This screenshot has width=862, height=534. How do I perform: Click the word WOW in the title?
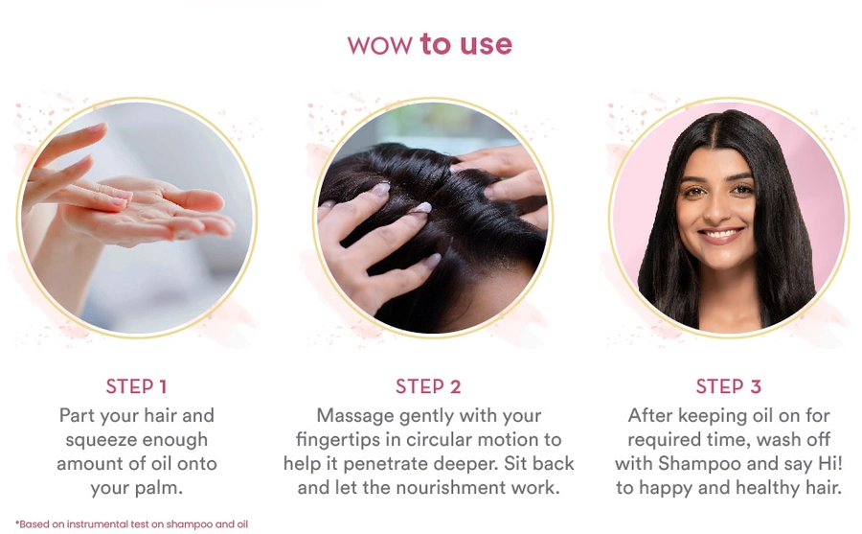click(x=379, y=45)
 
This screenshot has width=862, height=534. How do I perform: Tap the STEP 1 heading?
click(x=136, y=386)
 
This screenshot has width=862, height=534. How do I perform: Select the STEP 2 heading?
click(x=428, y=386)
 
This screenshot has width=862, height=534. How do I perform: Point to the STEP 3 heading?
click(x=729, y=386)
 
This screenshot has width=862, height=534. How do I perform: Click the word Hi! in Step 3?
click(x=830, y=463)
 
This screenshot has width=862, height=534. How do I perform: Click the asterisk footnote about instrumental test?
click(x=131, y=524)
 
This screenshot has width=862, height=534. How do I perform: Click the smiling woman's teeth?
click(x=720, y=235)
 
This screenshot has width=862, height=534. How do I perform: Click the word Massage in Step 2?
click(x=355, y=416)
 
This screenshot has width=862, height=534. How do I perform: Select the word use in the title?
click(x=486, y=45)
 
